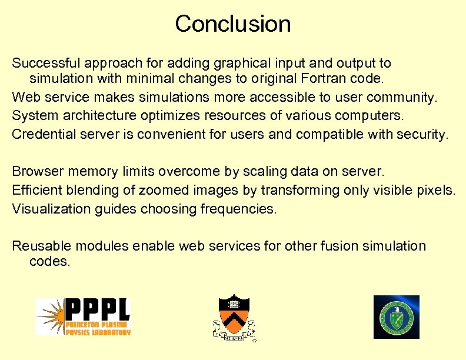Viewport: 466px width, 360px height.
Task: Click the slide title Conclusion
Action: (232, 24)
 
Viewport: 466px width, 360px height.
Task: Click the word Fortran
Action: (322, 78)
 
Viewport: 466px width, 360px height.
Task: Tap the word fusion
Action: (337, 246)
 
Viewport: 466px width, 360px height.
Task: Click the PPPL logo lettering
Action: (96, 311)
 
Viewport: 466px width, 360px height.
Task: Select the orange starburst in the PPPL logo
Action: (49, 316)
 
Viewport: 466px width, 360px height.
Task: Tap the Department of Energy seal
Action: (397, 317)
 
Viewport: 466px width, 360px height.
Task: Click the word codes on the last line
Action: (49, 261)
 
